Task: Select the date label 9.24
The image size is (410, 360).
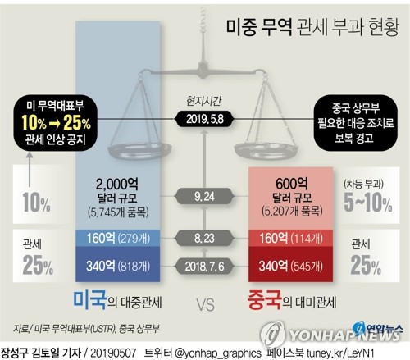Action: point(206,197)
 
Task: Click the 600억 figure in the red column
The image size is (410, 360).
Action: point(292,184)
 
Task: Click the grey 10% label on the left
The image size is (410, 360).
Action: point(30,202)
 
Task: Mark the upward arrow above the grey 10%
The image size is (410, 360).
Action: point(30,164)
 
